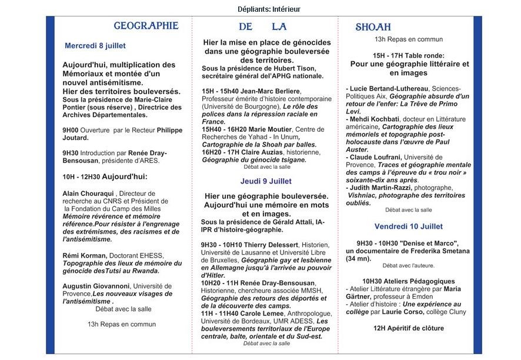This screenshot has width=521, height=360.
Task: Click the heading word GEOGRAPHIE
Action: (x=146, y=26)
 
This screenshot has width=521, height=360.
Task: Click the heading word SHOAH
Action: (x=373, y=27)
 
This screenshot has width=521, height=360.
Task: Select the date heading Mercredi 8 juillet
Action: (x=95, y=45)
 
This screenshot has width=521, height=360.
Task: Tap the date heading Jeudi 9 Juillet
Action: (x=265, y=181)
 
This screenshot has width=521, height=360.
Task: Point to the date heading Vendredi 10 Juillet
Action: (x=409, y=226)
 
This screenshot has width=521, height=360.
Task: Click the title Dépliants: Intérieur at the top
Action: (x=260, y=9)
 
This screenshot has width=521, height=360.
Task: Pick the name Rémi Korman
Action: (x=85, y=255)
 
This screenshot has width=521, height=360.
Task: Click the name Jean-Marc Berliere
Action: (x=271, y=91)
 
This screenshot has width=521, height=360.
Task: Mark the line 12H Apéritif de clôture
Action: (x=408, y=328)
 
